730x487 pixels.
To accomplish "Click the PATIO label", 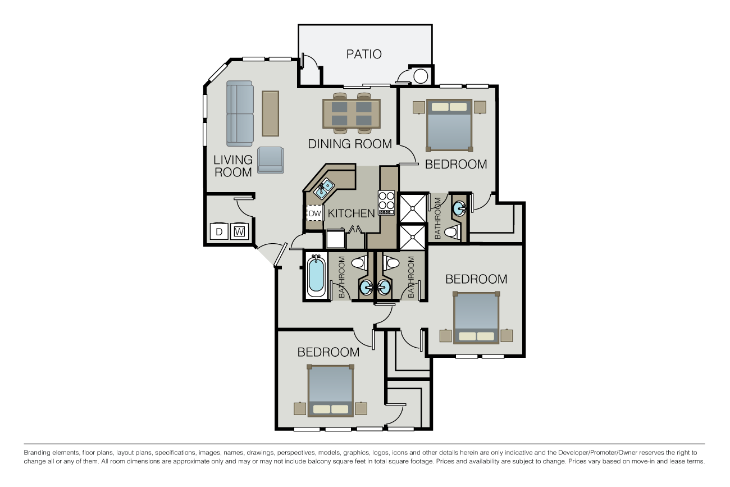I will (364, 54).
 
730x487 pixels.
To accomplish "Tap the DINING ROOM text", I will (350, 144).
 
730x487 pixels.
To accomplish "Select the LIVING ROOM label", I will (233, 166).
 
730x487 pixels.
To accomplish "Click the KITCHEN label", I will (351, 213).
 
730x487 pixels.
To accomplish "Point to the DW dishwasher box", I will (314, 213).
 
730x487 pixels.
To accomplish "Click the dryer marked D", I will (218, 231).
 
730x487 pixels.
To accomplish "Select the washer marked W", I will (239, 231).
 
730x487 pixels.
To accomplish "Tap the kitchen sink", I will (323, 188).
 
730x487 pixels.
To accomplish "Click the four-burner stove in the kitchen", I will (386, 203).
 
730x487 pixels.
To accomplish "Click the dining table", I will (351, 113).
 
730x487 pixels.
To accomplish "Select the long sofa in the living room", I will (240, 113).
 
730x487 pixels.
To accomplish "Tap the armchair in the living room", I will (271, 160).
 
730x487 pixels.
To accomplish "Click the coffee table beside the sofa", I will (270, 113).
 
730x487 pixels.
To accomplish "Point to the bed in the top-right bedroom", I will (449, 125).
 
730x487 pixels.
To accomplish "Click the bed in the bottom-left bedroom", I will (331, 391).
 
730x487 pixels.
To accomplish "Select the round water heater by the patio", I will (420, 76).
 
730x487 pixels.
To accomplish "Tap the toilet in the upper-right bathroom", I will (451, 231).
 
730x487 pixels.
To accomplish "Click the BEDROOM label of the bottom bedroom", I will (328, 352).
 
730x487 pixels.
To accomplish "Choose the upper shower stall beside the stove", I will (413, 207).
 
